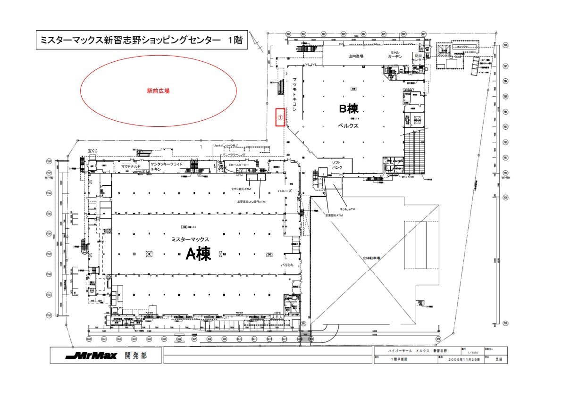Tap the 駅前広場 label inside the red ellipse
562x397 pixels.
(158, 91)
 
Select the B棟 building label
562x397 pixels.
(349, 109)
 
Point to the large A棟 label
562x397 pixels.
(198, 255)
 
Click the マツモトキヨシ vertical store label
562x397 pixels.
(294, 94)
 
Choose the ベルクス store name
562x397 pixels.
(349, 126)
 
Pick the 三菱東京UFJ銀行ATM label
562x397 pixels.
(251, 202)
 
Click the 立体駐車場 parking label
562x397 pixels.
(371, 258)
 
